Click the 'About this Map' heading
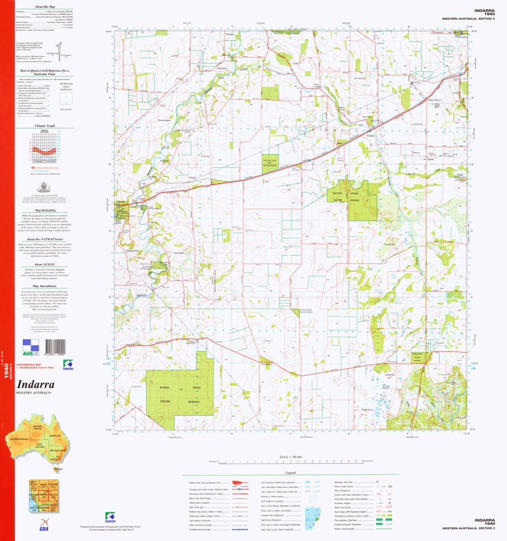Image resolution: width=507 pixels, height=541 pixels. click(x=45, y=7)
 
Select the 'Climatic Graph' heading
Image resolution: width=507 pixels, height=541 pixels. click(x=45, y=126)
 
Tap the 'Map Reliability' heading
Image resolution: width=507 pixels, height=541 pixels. click(x=45, y=210)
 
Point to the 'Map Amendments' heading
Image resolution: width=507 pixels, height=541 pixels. click(x=45, y=286)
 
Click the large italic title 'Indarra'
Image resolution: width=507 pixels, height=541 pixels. click(x=36, y=385)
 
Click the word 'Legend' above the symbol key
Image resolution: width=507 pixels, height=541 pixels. click(x=291, y=473)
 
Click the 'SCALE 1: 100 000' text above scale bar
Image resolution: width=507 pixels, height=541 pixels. click(x=291, y=457)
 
